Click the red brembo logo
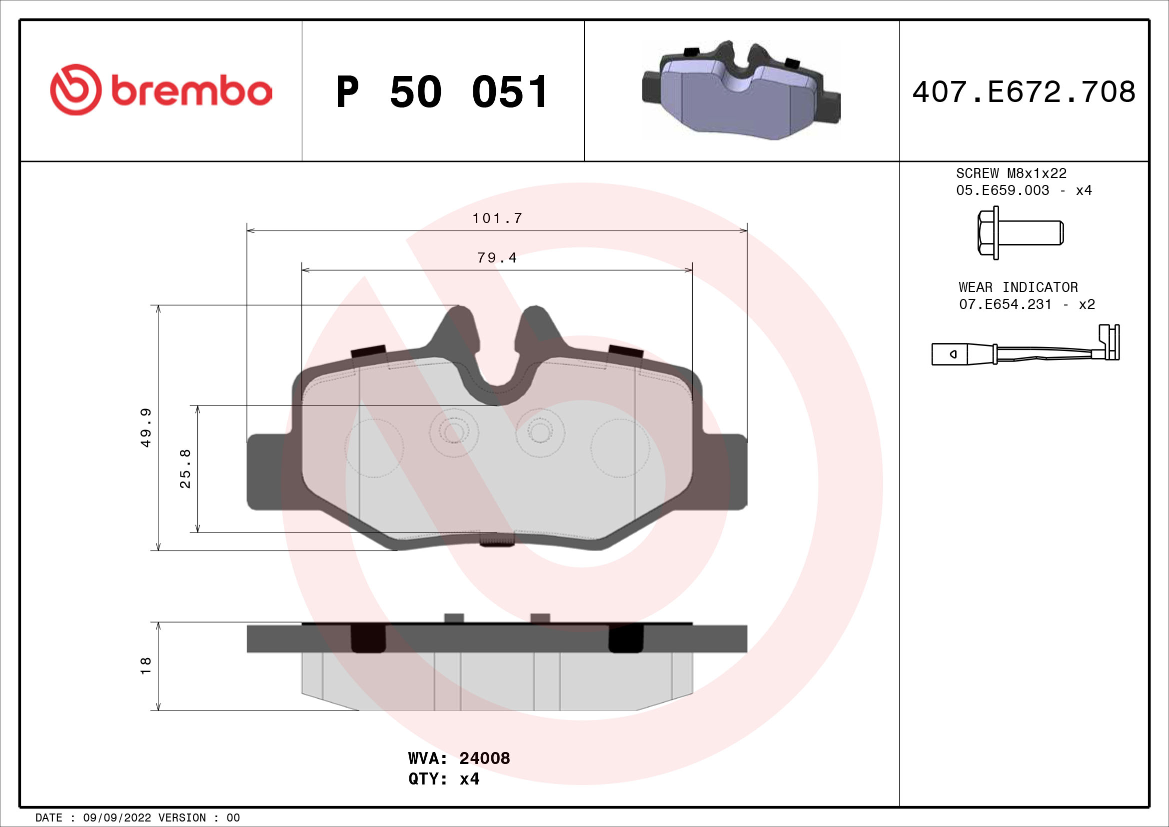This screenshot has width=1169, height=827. tap(161, 90)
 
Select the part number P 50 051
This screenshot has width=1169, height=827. tap(442, 92)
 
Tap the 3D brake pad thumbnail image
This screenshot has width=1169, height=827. tap(741, 91)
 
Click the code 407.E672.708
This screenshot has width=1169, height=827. tap(1024, 91)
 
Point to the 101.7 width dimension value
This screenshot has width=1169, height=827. tap(497, 218)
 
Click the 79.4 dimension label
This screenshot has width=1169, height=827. tap(497, 258)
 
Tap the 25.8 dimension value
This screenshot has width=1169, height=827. tap(185, 468)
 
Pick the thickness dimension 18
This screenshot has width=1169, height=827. tap(146, 666)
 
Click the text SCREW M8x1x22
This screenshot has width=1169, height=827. tap(1011, 173)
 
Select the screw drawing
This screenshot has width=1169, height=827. tap(1020, 232)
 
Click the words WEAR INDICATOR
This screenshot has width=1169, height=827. tap(1018, 287)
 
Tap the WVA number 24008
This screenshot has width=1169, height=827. tap(484, 758)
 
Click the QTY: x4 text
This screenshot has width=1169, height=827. tap(443, 779)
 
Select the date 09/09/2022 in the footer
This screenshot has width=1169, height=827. tap(116, 818)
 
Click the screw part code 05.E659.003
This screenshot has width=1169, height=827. tap(1002, 190)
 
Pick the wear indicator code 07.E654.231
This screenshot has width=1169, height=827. tap(1005, 304)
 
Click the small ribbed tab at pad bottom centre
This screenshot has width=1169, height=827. tap(497, 539)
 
